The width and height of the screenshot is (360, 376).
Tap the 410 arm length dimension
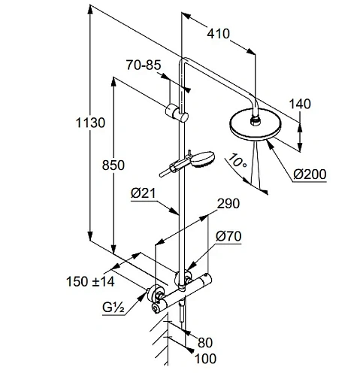coord(217,33)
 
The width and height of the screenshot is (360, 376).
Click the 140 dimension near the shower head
coord(304,104)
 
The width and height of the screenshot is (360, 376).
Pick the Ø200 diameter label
coord(309,174)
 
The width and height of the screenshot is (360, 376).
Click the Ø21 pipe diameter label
coord(143,194)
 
